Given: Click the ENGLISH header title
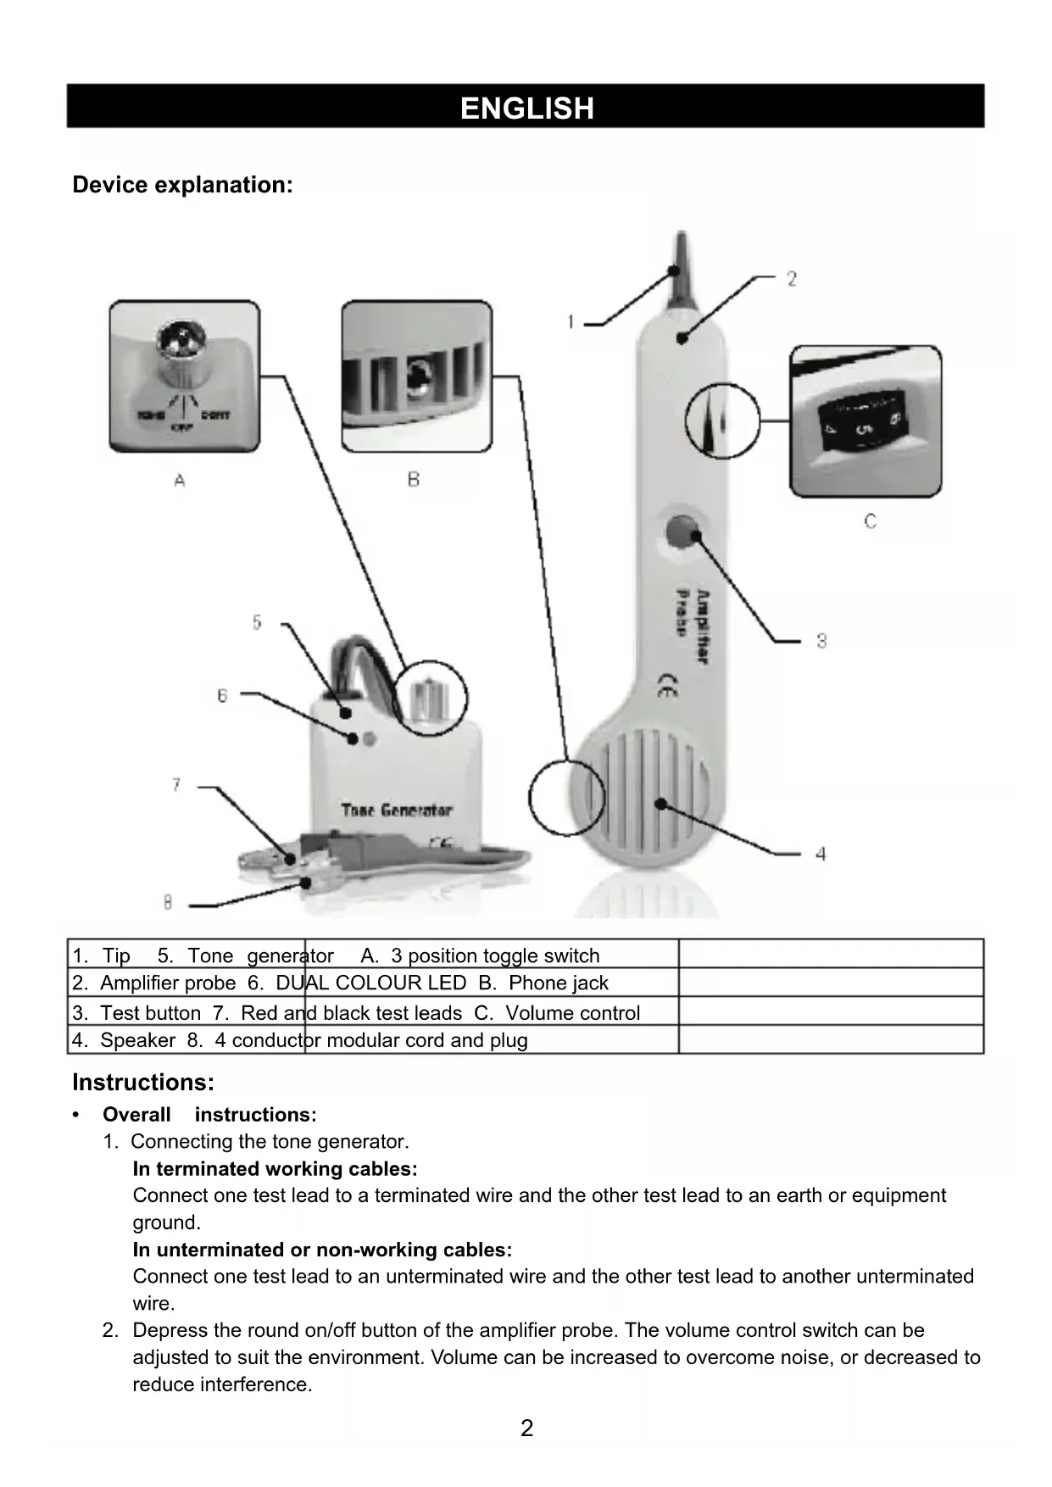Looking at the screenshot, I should [526, 108].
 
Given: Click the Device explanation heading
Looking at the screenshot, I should [182, 185].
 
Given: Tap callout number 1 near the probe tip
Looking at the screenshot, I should [571, 322].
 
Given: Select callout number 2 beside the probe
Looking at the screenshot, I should [791, 279].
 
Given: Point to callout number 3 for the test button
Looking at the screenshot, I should [821, 641].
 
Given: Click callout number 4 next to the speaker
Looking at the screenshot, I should [820, 854].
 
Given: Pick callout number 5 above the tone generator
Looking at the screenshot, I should [257, 623].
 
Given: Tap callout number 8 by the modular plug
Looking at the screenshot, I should [168, 903].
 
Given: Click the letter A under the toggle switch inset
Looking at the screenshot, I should [180, 481].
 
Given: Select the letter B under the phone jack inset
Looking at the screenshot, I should [414, 480].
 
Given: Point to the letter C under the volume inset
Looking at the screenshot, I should [871, 521].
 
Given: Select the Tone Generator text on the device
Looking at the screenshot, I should [397, 810].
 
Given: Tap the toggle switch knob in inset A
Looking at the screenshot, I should [181, 348].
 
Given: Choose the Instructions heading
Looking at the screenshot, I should [143, 1083].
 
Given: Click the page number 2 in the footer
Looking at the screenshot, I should [526, 1429].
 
